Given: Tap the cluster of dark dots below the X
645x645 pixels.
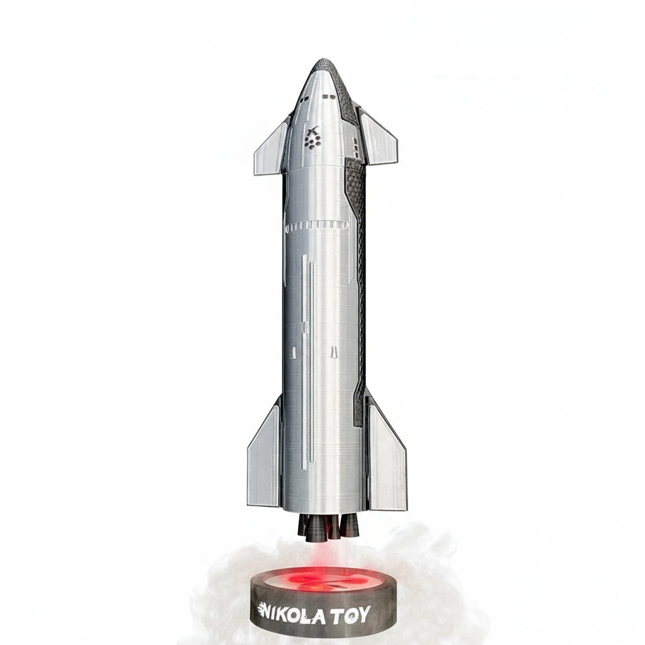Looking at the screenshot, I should (312, 143).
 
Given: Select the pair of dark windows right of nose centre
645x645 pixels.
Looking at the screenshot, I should (328, 97).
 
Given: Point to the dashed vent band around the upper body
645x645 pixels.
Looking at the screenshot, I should (316, 224).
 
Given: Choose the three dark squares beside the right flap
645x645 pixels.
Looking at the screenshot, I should (356, 149).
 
